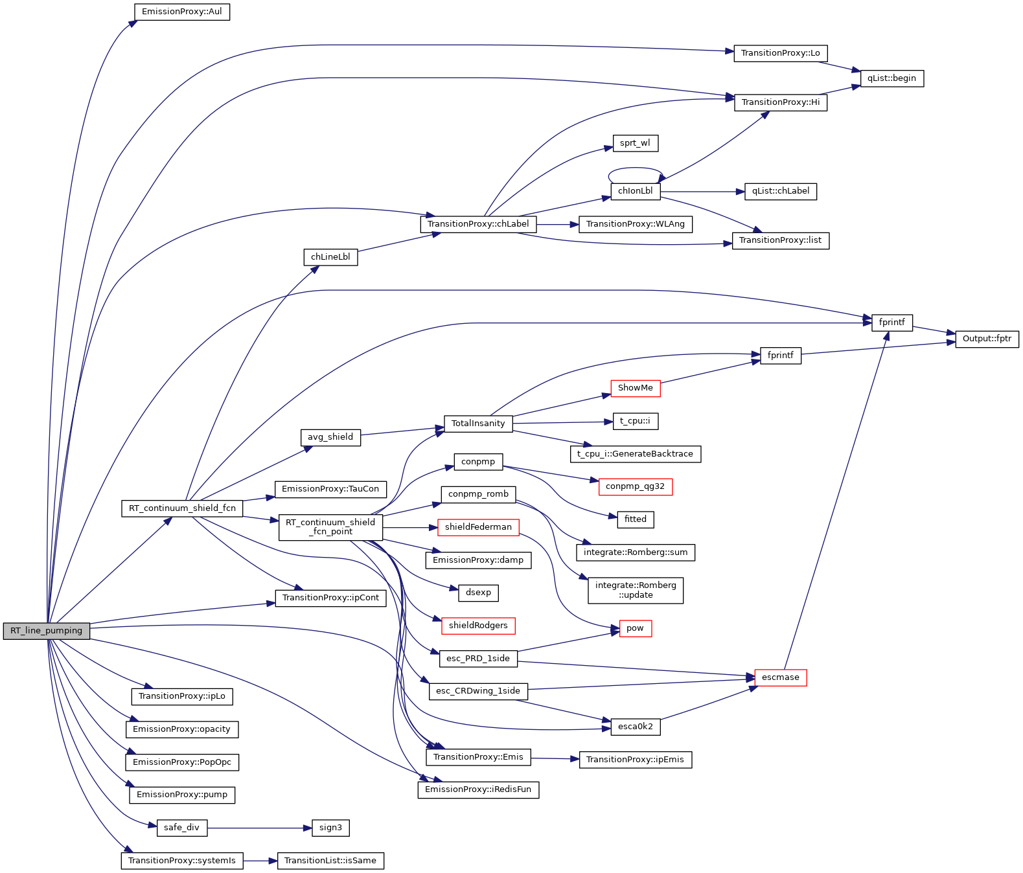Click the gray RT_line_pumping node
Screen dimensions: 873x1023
click(46, 631)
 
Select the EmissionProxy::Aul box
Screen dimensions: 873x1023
click(181, 12)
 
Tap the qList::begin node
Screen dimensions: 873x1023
click(891, 78)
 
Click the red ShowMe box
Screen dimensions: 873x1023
click(635, 388)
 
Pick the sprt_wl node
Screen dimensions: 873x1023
click(635, 143)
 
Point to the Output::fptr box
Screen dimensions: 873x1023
click(987, 339)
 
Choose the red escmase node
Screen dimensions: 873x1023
click(780, 677)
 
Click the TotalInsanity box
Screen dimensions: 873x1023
click(478, 424)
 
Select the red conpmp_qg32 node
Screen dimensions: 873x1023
click(635, 486)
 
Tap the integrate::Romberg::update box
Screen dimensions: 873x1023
click(635, 590)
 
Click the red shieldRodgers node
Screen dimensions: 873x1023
click(478, 626)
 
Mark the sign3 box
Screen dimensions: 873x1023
click(330, 828)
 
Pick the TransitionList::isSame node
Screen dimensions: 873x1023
click(330, 861)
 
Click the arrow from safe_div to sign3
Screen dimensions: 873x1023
click(259, 828)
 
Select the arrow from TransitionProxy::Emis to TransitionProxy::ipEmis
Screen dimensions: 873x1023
click(555, 758)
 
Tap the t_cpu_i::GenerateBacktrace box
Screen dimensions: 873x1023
click(635, 454)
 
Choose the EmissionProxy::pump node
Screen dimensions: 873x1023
click(182, 795)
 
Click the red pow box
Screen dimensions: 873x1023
click(635, 628)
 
